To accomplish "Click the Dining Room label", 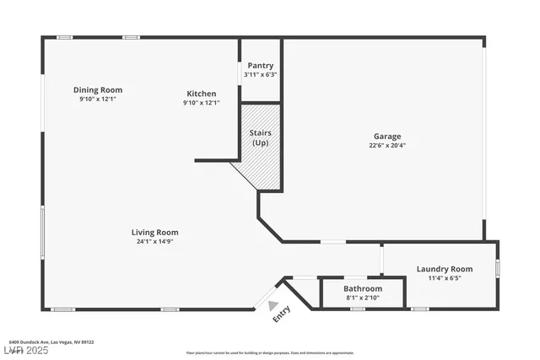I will point(97,89).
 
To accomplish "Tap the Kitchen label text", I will point(201,94).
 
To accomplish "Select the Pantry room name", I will point(260,66).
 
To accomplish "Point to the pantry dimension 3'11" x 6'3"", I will point(260,74).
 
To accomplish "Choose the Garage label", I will point(387,136).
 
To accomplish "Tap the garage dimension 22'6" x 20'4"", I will point(387,145).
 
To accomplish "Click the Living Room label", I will point(154,232).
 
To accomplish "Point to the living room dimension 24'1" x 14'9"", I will point(154,241).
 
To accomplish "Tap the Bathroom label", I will point(362,288).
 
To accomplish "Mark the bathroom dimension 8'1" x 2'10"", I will point(362,298).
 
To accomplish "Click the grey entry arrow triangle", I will point(273,295).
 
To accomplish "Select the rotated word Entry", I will point(282,314).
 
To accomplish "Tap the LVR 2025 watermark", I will point(25,350).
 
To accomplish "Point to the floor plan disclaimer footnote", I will point(269,352).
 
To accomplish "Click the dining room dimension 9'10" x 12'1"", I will point(97,99).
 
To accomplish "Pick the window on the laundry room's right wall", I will point(498,268).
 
